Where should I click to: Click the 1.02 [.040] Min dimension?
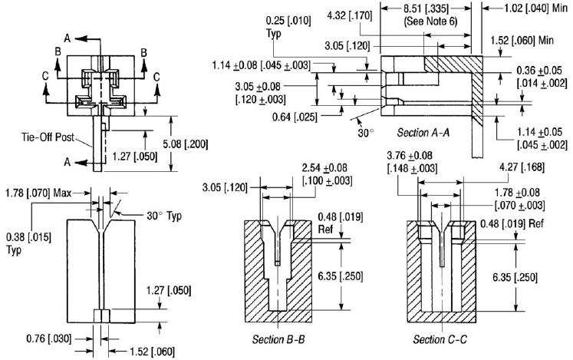tap(530, 10)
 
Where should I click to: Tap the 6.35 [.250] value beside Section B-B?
tap(338, 275)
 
